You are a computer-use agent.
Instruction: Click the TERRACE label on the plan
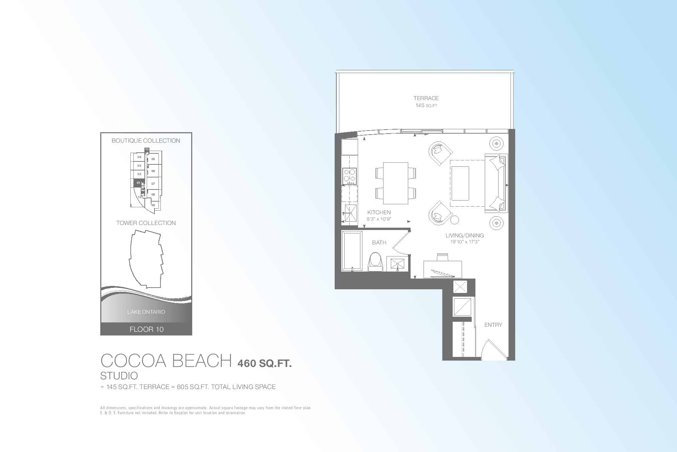426,98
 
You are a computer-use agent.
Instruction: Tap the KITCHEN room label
379,212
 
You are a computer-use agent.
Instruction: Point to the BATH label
379,242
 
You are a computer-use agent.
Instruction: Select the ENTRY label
493,325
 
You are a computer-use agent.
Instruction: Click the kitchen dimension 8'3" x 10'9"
379,219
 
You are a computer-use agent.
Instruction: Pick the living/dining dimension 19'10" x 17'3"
464,242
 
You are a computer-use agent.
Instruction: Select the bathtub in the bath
352,251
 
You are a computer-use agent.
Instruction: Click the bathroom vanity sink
397,264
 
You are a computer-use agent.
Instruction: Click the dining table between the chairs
396,183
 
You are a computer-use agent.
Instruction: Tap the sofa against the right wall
496,183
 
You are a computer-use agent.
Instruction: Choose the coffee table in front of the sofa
460,183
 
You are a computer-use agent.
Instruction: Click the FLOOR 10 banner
146,329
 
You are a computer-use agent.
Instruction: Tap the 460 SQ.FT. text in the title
264,363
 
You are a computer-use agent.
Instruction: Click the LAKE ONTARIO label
146,312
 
